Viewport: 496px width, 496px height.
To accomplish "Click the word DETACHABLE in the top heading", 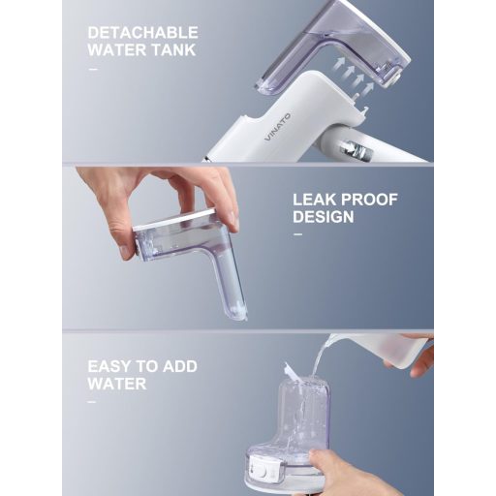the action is [142, 33].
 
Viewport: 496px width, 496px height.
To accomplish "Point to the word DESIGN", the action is [324, 217].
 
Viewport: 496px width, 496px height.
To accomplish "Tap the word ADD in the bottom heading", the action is [179, 366].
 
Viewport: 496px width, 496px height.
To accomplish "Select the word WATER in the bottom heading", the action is [117, 384].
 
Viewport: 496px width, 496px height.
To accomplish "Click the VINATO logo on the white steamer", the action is [278, 127].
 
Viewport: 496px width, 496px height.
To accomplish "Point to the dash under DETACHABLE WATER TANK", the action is [92, 69].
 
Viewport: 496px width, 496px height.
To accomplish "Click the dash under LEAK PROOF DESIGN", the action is [297, 234].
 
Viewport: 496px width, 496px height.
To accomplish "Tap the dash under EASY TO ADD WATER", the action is [92, 402].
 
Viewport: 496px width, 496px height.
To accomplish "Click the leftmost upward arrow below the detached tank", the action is [338, 65].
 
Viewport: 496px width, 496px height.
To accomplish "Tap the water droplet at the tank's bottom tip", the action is [246, 319].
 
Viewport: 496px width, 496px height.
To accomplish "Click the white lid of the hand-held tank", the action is [174, 219].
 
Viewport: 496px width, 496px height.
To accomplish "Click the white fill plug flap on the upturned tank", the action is [293, 373].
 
